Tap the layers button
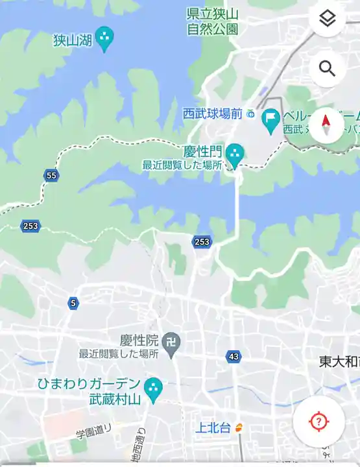tap(327, 18)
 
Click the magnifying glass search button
tap(327, 68)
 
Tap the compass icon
tap(327, 125)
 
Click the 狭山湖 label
tap(73, 40)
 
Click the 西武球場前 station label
tap(213, 114)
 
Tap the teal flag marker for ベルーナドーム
tap(270, 119)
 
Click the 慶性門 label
tap(202, 152)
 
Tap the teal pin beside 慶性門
tap(234, 154)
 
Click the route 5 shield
tap(73, 302)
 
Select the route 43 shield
tap(234, 356)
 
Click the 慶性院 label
tap(139, 340)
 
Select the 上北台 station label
tap(213, 427)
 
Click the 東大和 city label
tap(339, 361)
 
